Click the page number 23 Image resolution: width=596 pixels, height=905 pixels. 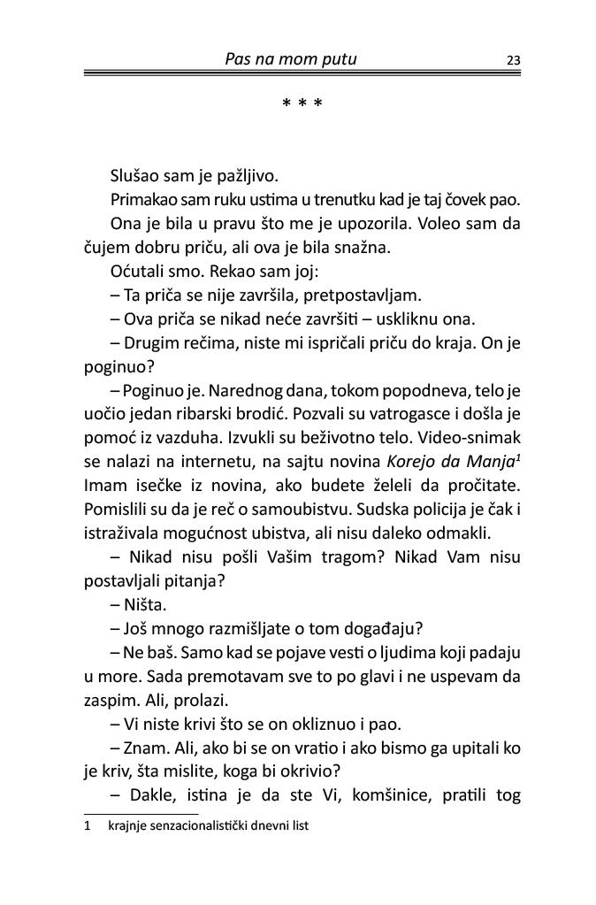pyautogui.click(x=513, y=61)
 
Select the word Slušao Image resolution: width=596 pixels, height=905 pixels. pyautogui.click(x=134, y=176)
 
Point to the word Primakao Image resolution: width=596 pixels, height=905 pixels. pyautogui.click(x=144, y=200)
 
